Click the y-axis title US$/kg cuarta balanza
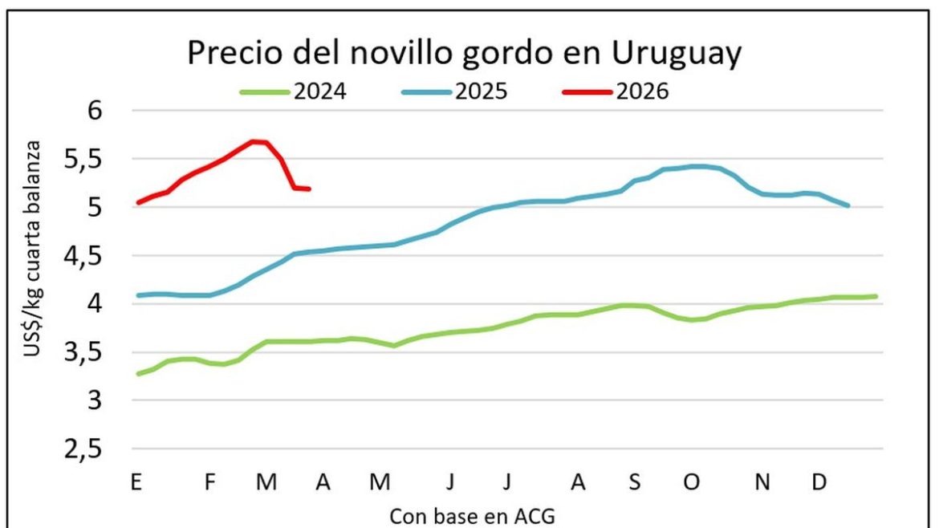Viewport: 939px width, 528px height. (x=35, y=260)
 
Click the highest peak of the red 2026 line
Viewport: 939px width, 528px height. (x=254, y=141)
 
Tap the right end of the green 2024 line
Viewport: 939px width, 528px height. (x=876, y=296)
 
